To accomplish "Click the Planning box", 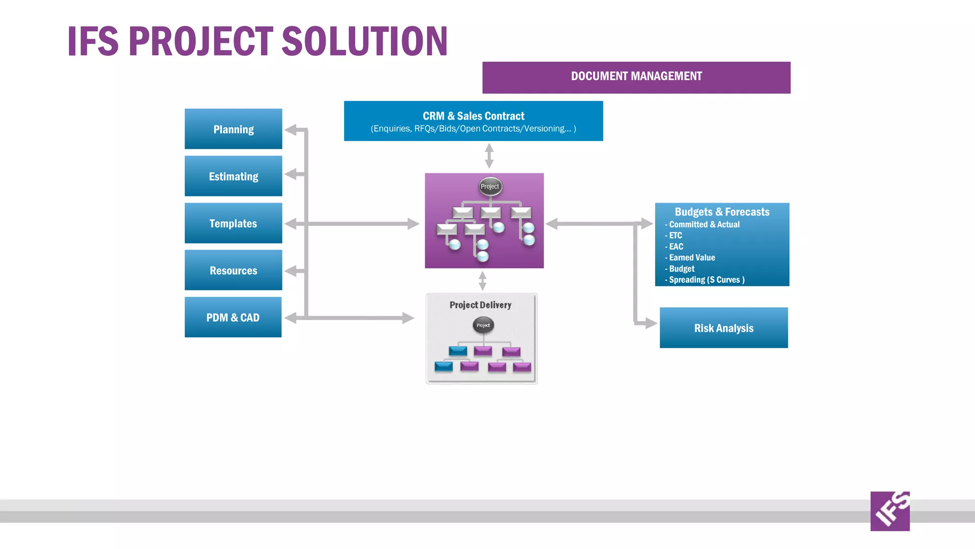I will click(x=233, y=129).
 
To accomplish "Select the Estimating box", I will click(x=233, y=176).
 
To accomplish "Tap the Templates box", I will click(x=233, y=224).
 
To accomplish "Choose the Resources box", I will click(x=233, y=270).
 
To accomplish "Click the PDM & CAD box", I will click(x=233, y=317).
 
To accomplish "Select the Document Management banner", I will click(x=636, y=77).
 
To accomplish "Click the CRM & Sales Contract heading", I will click(x=473, y=116).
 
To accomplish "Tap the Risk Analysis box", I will click(x=724, y=328).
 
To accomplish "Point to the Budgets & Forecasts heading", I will click(x=722, y=212).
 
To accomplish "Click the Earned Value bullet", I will click(x=692, y=257).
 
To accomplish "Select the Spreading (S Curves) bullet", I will click(x=706, y=280).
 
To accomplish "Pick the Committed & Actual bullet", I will click(x=704, y=224).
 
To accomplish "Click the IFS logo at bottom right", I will click(x=890, y=511).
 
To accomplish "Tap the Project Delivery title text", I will click(x=480, y=305).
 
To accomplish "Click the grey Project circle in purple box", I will click(x=490, y=186).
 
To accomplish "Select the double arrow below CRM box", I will click(x=489, y=156).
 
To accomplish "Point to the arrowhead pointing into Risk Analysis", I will click(x=651, y=323).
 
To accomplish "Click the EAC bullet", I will click(x=676, y=246).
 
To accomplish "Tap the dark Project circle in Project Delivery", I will click(x=483, y=325).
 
